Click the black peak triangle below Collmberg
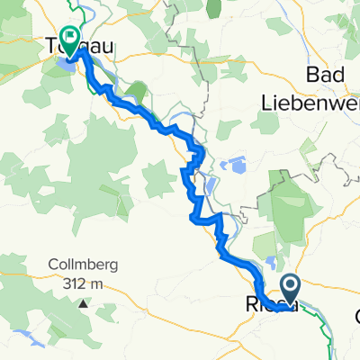83,303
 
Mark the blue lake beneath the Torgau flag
66,64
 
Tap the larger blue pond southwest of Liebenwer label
236,166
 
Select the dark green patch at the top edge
213,9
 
